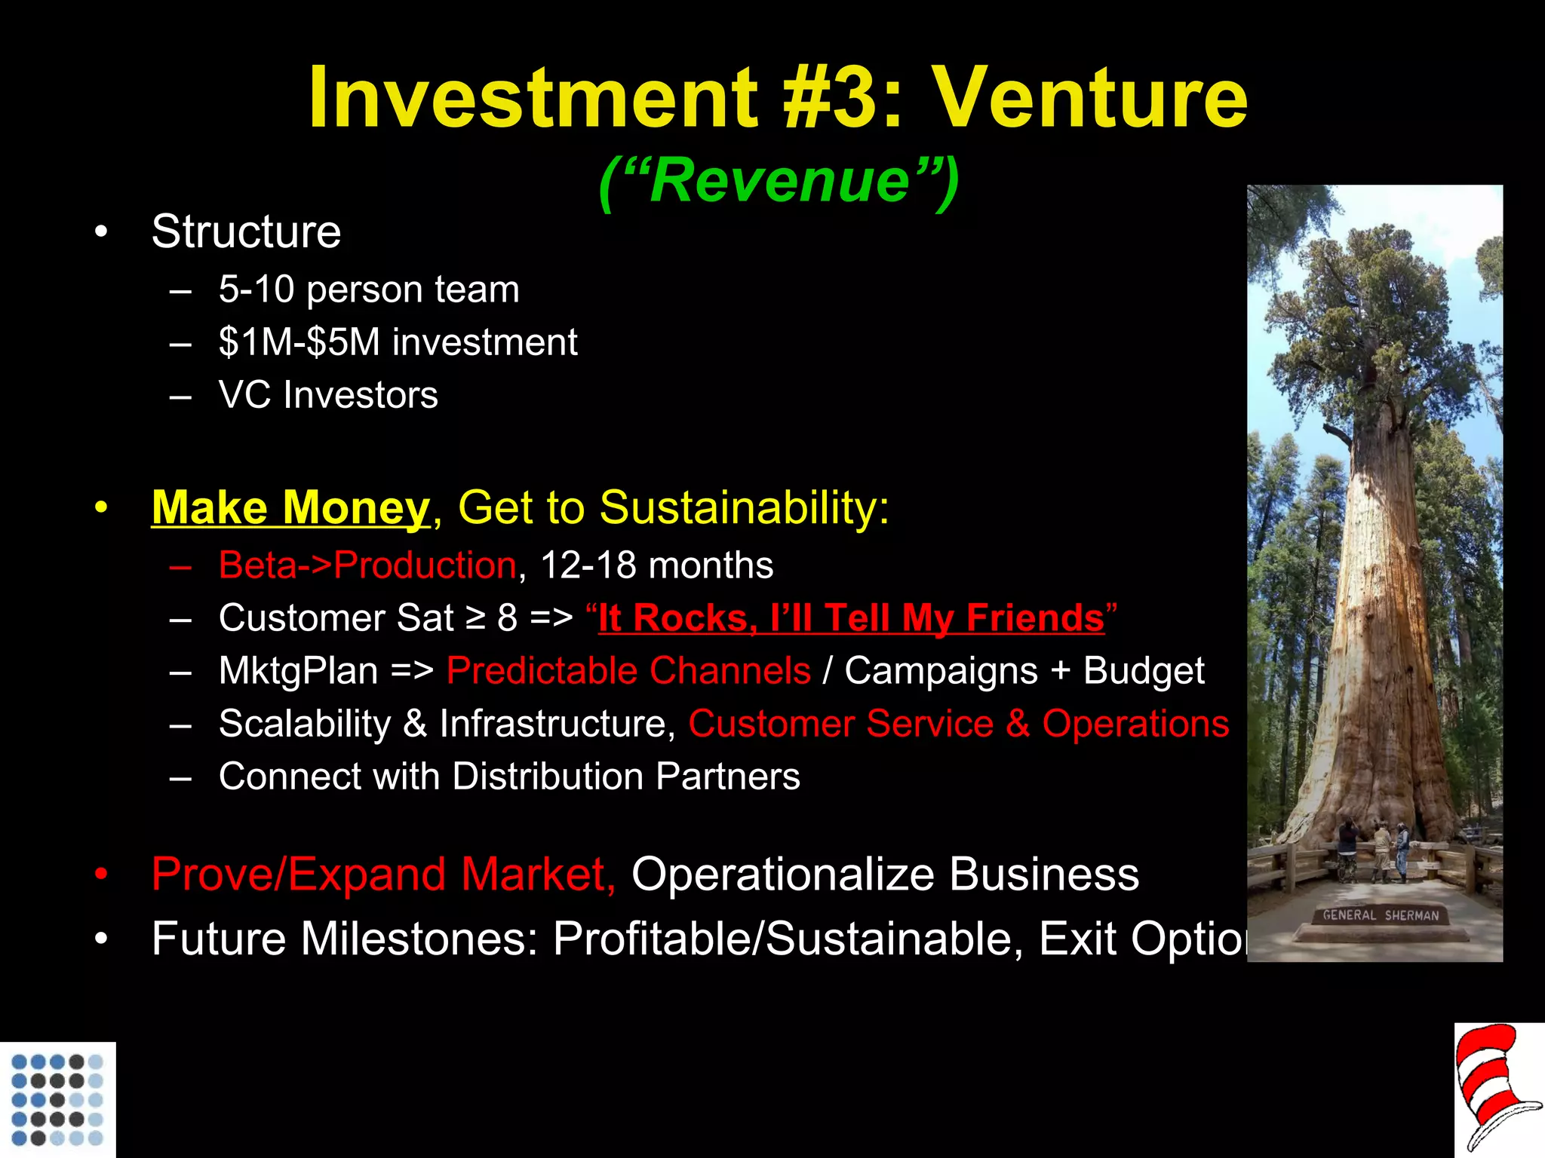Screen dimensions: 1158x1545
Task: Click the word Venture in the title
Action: coord(1090,98)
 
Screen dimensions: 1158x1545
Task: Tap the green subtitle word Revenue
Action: coord(779,181)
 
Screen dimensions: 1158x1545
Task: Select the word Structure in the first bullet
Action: coord(246,231)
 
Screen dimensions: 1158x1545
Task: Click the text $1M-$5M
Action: coord(299,342)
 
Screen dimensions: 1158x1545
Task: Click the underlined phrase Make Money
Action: coord(290,507)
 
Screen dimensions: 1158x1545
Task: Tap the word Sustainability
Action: coord(744,507)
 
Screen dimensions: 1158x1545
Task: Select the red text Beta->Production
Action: coord(367,565)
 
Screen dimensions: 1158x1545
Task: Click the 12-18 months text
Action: coord(656,565)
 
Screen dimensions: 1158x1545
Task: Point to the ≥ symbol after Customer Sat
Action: coord(475,618)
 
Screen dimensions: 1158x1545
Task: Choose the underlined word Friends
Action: coord(1035,618)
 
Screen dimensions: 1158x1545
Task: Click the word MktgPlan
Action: coord(298,671)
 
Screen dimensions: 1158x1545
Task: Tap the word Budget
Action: coord(1144,671)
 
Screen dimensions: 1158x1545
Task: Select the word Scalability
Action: coord(305,724)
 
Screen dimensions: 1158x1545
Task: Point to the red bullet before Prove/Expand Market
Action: coord(102,875)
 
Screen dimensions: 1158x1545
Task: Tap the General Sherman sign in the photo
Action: coord(1381,915)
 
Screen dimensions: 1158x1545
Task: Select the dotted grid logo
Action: coord(57,1099)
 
